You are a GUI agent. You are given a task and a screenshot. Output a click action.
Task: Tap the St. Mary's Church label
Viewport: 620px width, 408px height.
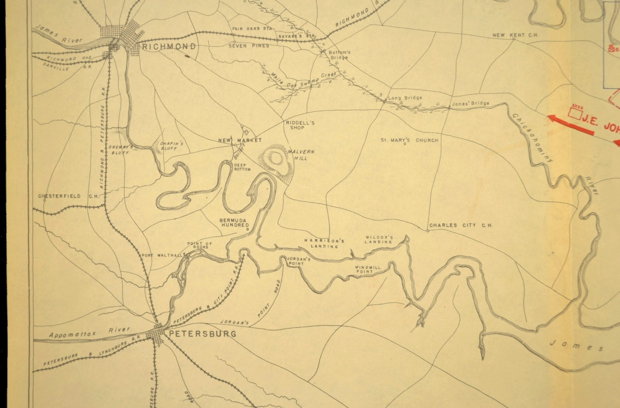point(410,140)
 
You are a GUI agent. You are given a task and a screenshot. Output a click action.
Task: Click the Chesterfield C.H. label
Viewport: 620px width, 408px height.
point(65,196)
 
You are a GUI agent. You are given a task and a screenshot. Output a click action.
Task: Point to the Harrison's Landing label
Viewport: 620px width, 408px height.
point(324,243)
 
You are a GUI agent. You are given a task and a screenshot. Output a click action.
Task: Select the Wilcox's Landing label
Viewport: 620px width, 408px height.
point(379,239)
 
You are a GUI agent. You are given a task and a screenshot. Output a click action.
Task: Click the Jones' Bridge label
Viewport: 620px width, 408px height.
point(470,104)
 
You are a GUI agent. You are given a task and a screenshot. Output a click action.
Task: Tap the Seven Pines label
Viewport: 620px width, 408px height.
point(248,46)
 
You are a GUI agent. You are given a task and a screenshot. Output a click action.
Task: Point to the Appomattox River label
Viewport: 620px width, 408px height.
point(90,332)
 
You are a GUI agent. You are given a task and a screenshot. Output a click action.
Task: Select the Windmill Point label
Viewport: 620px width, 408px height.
point(363,269)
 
